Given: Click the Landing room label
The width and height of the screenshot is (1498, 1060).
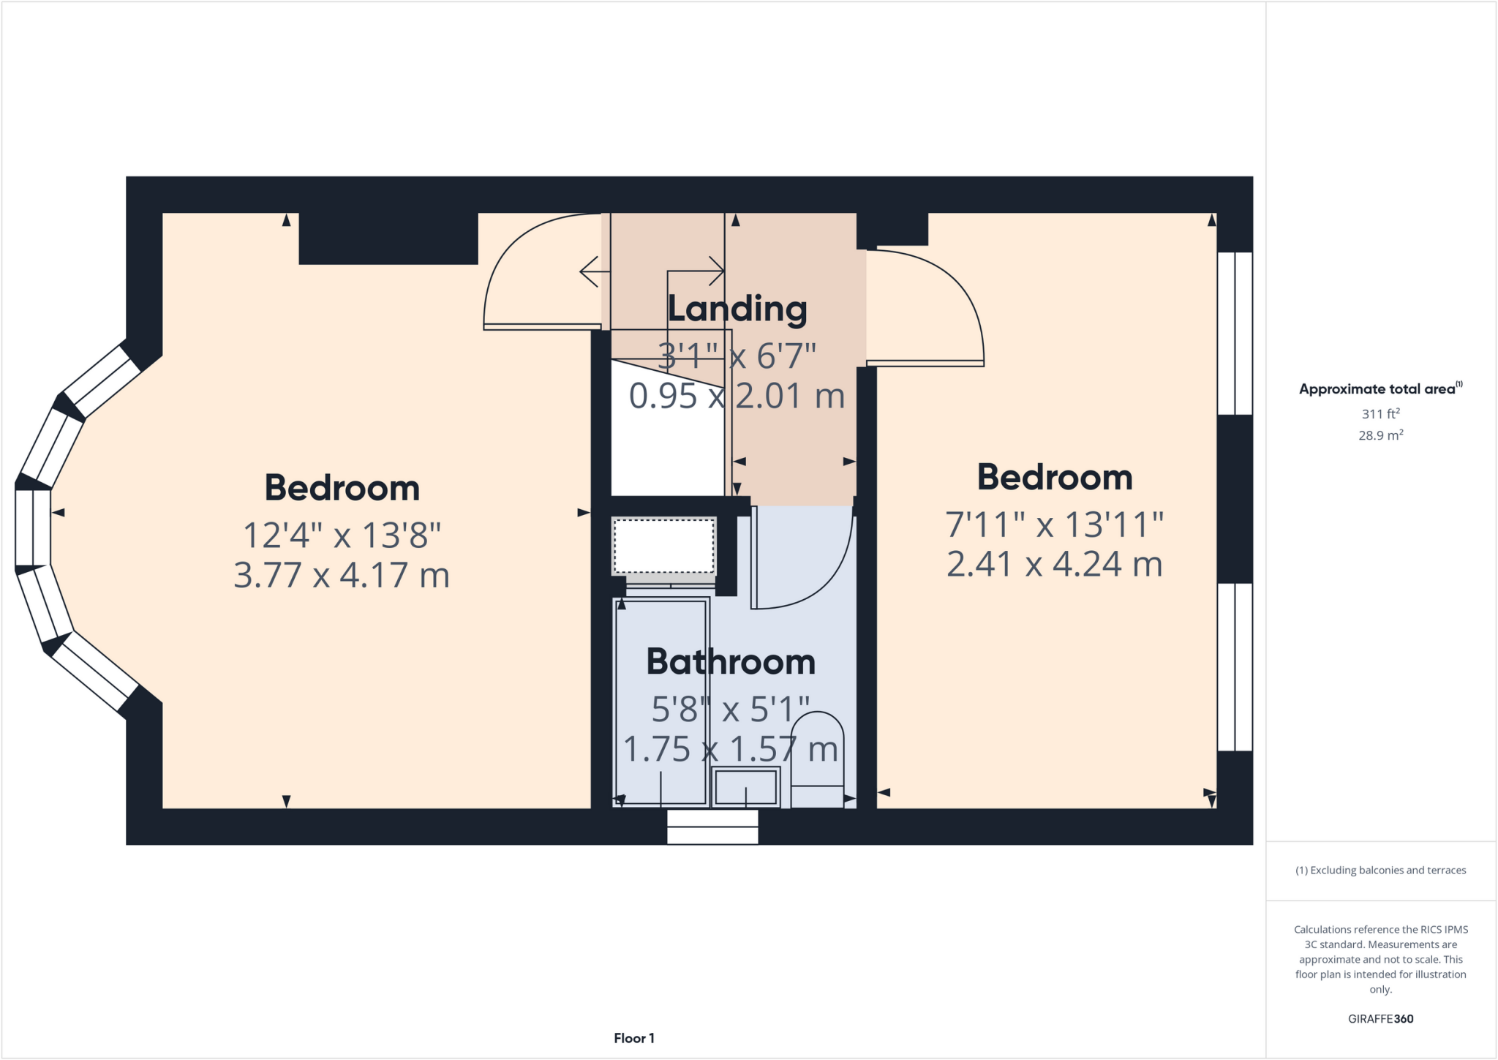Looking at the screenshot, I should tap(737, 309).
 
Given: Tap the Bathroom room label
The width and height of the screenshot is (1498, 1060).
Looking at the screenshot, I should tap(731, 663).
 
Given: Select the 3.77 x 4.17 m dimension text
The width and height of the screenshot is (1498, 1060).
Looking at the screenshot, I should tap(341, 575).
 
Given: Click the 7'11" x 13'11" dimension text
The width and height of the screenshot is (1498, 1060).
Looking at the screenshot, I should tap(1054, 525).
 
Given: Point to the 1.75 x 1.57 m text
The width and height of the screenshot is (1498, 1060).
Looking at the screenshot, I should tap(730, 749).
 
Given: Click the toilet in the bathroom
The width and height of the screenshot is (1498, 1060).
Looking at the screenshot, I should tap(817, 761).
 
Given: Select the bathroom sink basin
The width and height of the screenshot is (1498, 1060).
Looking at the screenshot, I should tap(745, 787).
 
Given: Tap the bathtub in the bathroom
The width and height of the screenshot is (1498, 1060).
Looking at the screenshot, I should tap(661, 702).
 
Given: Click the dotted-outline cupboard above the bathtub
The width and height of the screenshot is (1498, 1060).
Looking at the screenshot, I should tap(663, 546).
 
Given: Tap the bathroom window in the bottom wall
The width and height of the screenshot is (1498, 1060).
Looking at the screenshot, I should tap(712, 827).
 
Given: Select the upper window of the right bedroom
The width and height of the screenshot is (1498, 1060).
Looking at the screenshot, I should tap(1235, 333).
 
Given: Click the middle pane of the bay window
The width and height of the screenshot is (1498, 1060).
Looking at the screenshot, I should tap(33, 527).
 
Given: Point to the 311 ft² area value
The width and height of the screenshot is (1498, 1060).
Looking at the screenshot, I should tap(1380, 413).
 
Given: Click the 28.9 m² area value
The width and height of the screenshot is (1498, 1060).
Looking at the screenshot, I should tap(1380, 435).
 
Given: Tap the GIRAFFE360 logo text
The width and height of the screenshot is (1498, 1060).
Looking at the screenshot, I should tap(1380, 1018).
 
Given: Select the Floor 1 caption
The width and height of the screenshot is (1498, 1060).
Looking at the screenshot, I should tap(633, 1038).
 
